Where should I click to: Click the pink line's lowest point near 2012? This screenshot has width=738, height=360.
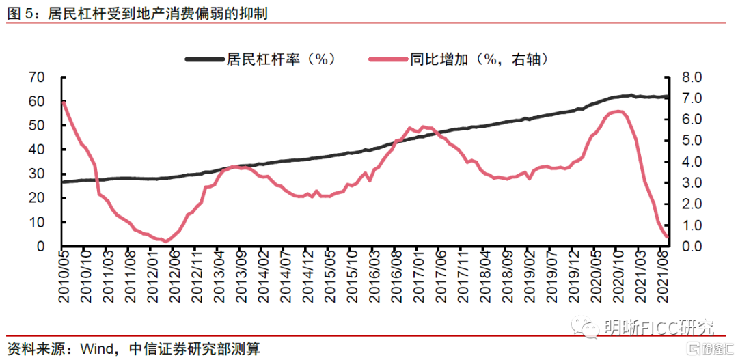[x=166, y=240]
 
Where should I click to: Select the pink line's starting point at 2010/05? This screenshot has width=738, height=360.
[x=63, y=102]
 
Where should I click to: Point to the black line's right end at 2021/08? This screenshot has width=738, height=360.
[x=666, y=97]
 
